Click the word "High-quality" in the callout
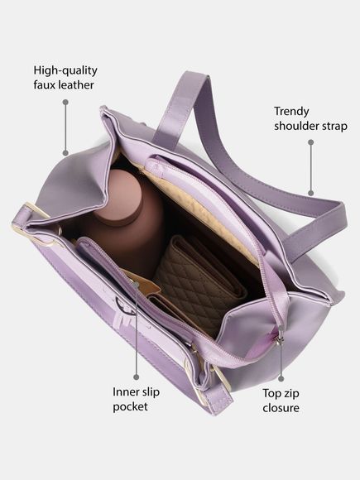(x=65, y=70)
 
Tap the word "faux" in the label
(x=45, y=84)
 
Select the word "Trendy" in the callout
(x=291, y=112)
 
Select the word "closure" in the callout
(x=281, y=408)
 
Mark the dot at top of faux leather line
(x=65, y=102)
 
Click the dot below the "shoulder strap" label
(x=310, y=142)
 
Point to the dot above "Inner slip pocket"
(x=137, y=377)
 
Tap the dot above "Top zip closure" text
(x=281, y=379)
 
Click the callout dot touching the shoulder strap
(x=310, y=193)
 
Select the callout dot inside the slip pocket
(x=137, y=285)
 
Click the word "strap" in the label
(x=334, y=127)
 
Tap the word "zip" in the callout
(x=290, y=394)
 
